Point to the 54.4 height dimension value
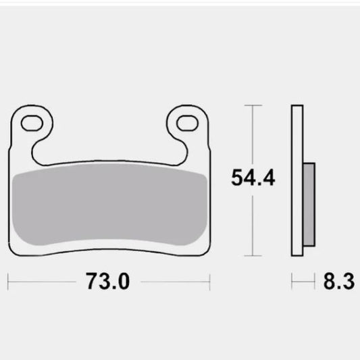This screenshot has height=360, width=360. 253,179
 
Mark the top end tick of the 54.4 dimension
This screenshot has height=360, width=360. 253,105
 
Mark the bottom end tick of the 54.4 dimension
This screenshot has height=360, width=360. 253,256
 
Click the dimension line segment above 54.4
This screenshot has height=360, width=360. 253,135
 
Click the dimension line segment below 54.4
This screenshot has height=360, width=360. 253,223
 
